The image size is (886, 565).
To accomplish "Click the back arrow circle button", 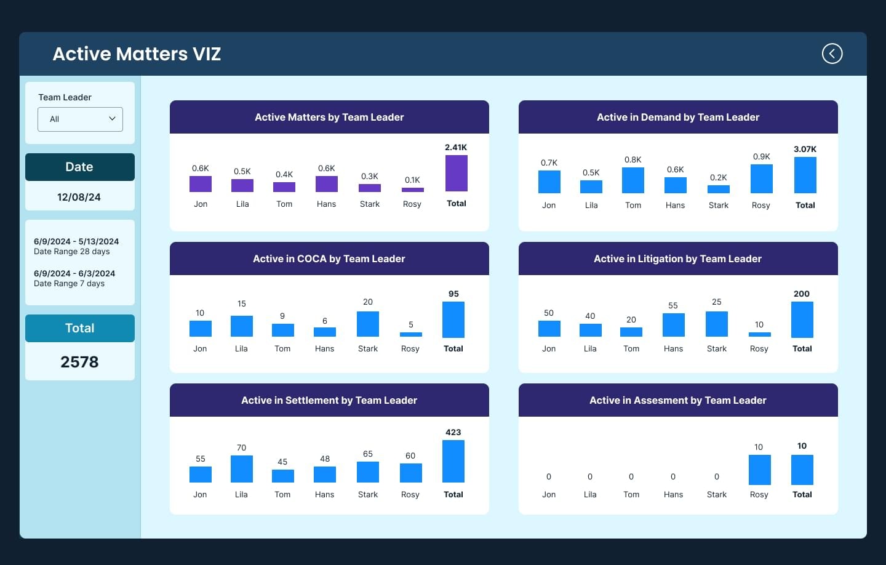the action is [832, 54].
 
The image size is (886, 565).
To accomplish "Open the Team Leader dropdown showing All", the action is [80, 119].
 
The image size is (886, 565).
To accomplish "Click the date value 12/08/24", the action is [79, 197].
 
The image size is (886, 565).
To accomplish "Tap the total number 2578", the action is [79, 362].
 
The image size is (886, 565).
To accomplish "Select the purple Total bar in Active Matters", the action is [457, 174].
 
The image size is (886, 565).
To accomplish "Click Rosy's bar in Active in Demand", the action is [762, 179].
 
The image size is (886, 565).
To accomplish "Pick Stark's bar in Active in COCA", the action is [368, 324].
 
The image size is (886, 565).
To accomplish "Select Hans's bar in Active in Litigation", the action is [674, 325].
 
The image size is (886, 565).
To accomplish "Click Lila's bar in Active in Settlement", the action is [242, 469].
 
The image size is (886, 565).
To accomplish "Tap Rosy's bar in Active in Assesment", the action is [759, 470].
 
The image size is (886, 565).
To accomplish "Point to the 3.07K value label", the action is [805, 149].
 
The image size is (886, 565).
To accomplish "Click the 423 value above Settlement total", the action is [453, 432].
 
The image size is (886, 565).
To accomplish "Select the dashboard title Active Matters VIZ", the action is [137, 54].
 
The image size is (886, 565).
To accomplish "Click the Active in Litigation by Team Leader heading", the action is [677, 258].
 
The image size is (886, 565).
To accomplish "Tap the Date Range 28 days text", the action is [71, 252].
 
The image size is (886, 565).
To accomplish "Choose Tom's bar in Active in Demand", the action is [633, 180].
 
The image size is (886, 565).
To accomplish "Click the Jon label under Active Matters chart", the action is [201, 204].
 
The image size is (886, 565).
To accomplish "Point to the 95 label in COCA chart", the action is [453, 294].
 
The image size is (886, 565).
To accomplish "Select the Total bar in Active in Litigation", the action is [802, 319].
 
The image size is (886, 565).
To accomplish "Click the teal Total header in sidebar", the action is [80, 328].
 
